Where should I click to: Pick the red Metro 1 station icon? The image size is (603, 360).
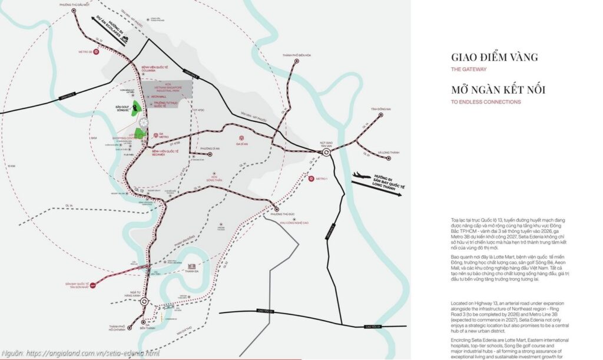coord(310,178)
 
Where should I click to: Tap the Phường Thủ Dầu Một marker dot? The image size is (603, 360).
coord(73,10)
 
